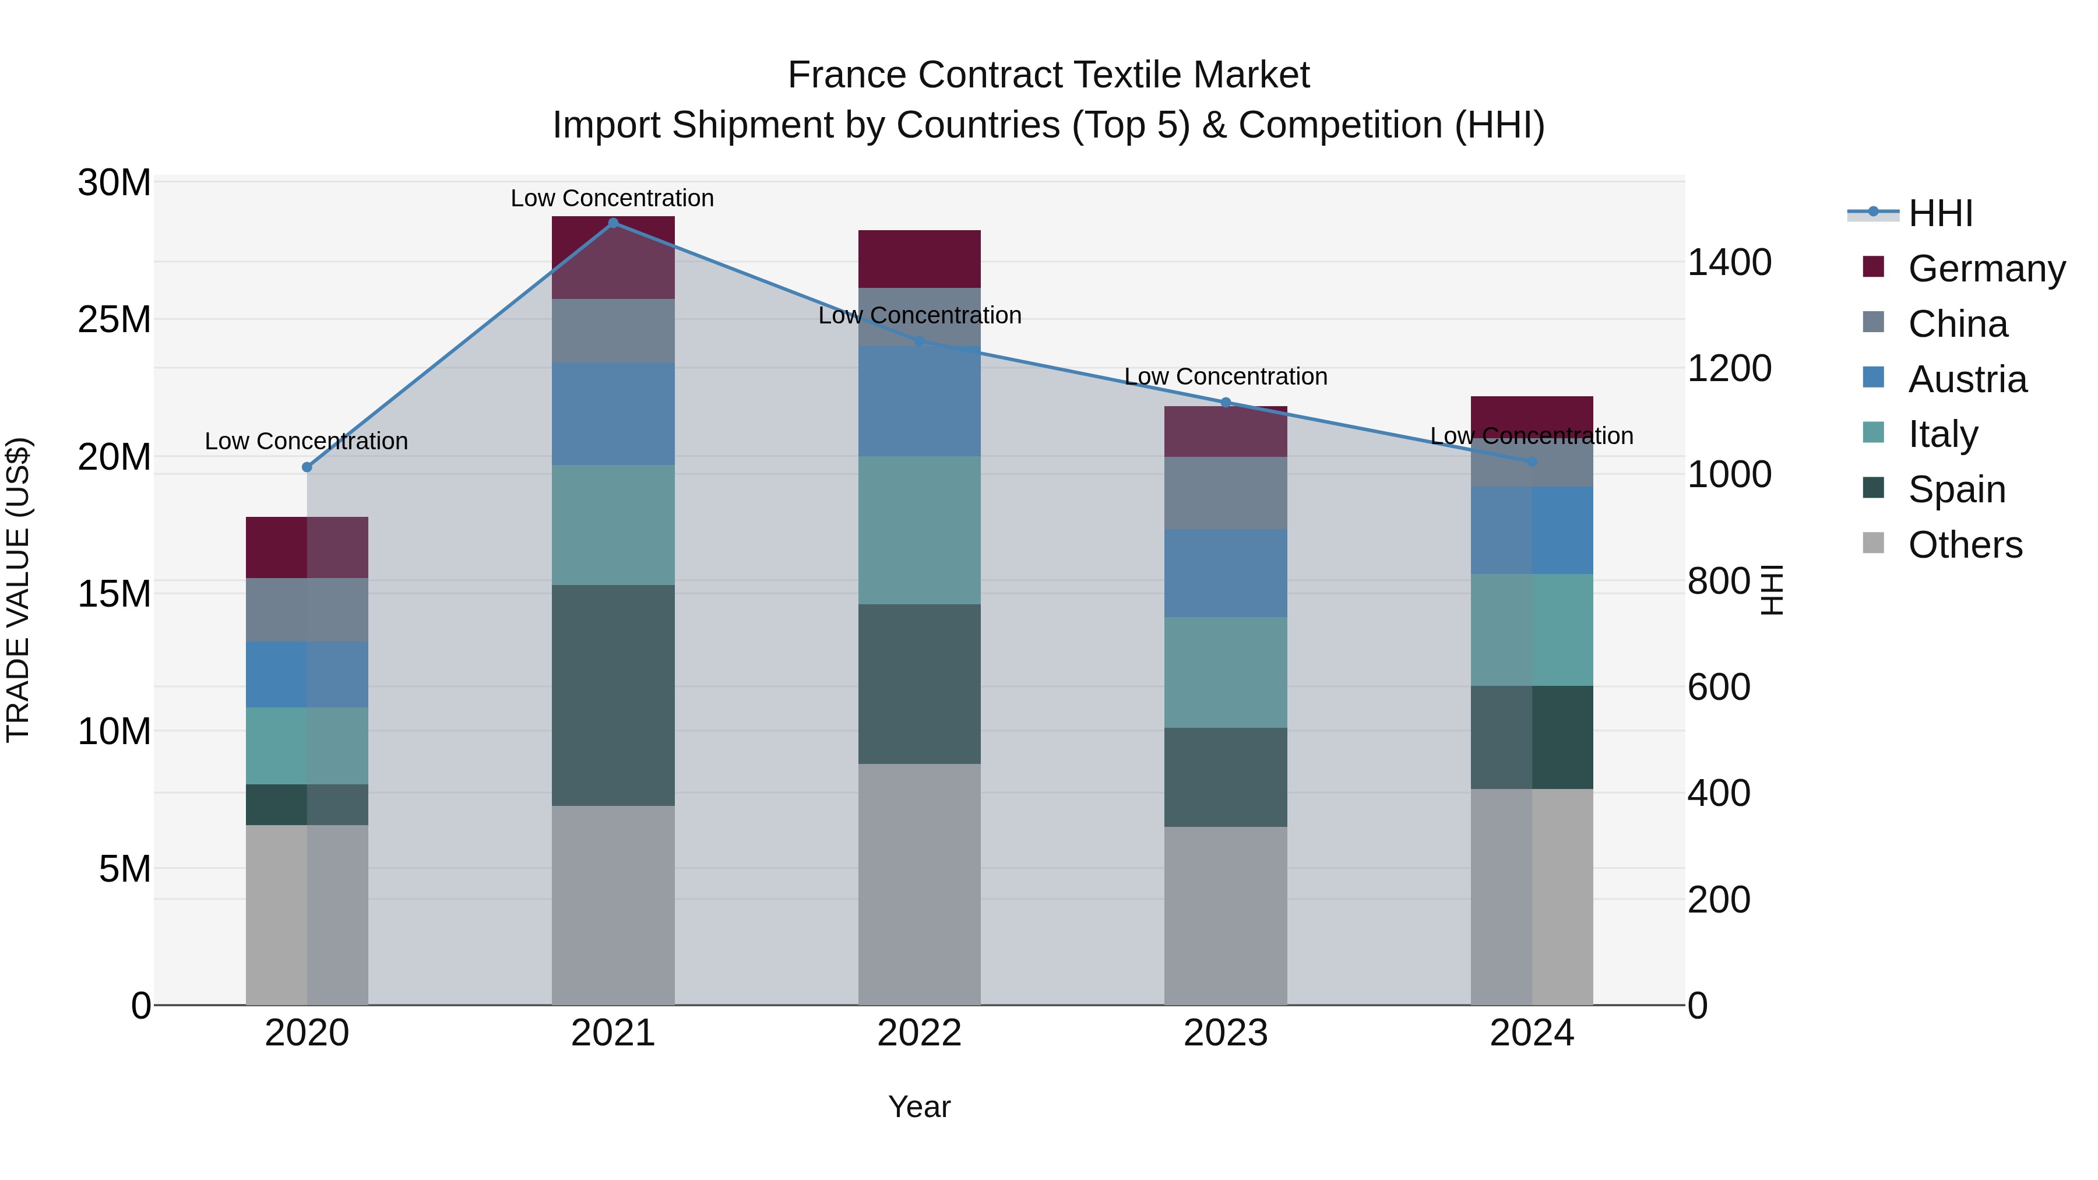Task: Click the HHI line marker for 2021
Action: pos(613,223)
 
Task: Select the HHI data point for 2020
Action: pos(307,467)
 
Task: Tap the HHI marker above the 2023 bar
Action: pos(1226,402)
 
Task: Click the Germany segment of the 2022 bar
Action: pos(920,259)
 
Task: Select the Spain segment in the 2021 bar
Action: pos(613,695)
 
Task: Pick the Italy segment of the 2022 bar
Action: pos(920,530)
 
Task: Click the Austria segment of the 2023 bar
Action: pos(1226,573)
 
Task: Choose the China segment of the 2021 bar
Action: pos(613,330)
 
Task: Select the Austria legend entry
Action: pos(1966,379)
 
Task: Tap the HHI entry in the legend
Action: pos(1940,213)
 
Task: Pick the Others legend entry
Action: pos(1965,545)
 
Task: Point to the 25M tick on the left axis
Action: pos(114,320)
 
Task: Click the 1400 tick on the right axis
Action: pos(1729,263)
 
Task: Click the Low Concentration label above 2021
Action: pos(612,198)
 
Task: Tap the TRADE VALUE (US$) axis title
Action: pos(19,590)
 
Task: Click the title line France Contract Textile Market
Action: pos(1048,75)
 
